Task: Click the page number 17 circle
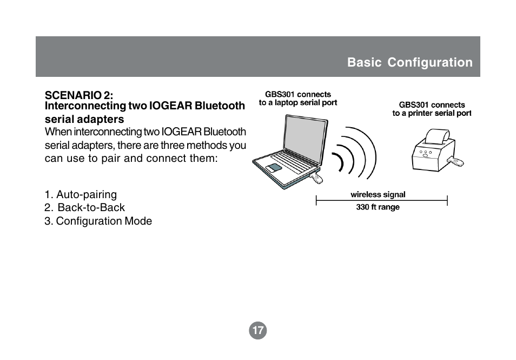coord(257,330)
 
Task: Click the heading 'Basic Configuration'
coord(409,62)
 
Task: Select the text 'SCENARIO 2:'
coord(79,95)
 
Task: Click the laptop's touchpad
coord(274,167)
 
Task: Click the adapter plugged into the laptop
coord(316,178)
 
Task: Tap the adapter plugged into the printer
coord(455,162)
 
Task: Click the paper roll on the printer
coord(438,136)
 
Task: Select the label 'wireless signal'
coord(378,195)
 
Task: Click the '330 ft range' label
coord(378,207)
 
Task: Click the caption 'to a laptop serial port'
coord(298,103)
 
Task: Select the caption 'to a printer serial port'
coord(432,113)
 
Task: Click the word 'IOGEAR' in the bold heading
coord(170,106)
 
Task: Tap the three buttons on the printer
coord(426,153)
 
